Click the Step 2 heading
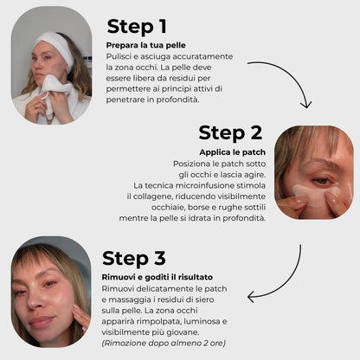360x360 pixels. pyautogui.click(x=230, y=132)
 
